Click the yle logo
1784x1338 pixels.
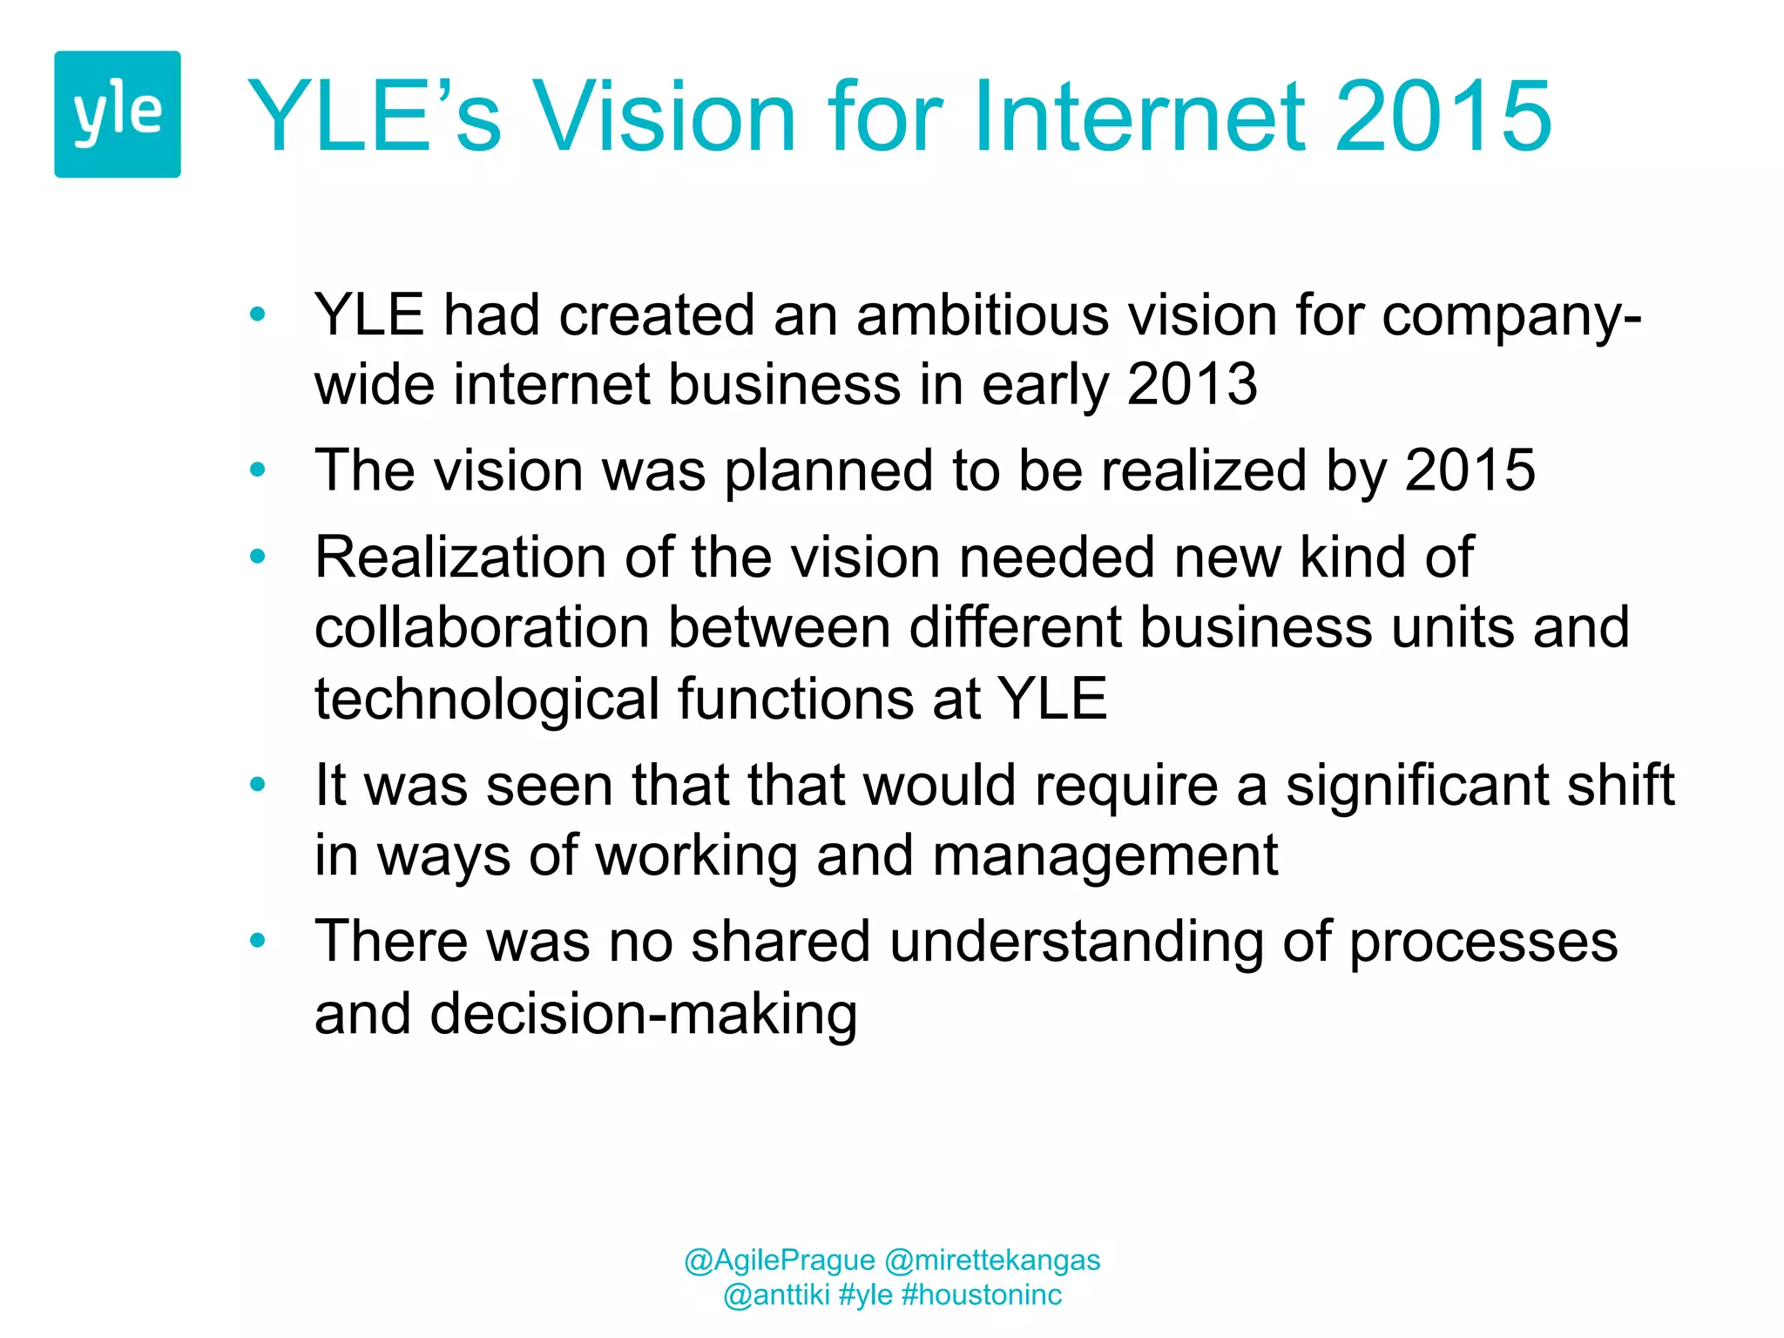pyautogui.click(x=118, y=114)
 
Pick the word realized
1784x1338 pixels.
pyautogui.click(x=1203, y=470)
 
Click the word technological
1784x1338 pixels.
pyautogui.click(x=487, y=699)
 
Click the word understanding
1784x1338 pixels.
pyautogui.click(x=1076, y=942)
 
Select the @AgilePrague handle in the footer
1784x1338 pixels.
pyautogui.click(x=780, y=1260)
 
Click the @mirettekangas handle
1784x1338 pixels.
pyautogui.click(x=992, y=1260)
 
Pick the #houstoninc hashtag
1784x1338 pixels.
pyautogui.click(x=982, y=1294)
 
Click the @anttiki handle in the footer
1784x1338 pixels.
pyautogui.click(x=776, y=1294)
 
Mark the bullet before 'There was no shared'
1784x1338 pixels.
pyautogui.click(x=257, y=942)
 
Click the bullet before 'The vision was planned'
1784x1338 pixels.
pyautogui.click(x=257, y=470)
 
